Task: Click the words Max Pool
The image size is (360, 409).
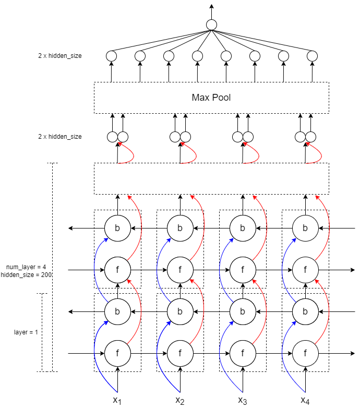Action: coord(211,98)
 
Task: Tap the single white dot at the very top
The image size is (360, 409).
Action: coord(211,25)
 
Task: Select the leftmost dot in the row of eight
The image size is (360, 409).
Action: coord(111,56)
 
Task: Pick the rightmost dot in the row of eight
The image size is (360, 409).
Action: coord(312,56)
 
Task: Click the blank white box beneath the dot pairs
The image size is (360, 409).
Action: coord(211,178)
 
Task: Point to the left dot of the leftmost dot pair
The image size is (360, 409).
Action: coord(112,137)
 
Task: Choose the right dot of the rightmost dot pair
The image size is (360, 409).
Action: coord(311,137)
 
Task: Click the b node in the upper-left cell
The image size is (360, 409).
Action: coord(117,228)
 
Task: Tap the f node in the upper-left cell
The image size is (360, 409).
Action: coord(117,270)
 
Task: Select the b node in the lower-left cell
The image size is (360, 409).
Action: coord(117,311)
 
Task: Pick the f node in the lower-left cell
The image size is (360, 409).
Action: coord(117,353)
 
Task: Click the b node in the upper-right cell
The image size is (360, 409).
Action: coord(305,228)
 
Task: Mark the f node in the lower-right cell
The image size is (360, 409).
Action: coord(305,353)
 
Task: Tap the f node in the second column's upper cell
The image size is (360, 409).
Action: coord(180,270)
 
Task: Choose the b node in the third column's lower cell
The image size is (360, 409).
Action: coord(243,311)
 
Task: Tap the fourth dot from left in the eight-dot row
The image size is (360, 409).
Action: coord(197,56)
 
